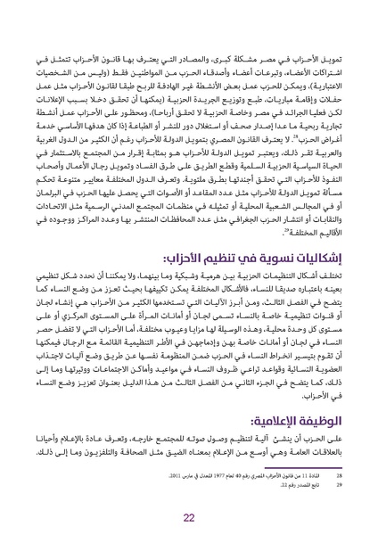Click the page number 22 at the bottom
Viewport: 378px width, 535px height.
[188, 518]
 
